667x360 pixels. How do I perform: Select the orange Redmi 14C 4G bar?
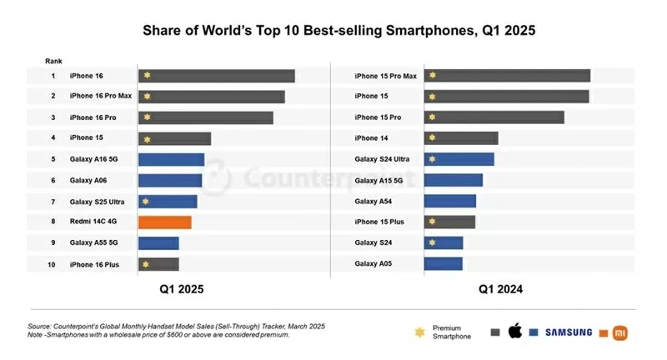pyautogui.click(x=164, y=222)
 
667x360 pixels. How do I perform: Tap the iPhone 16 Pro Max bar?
pyautogui.click(x=211, y=97)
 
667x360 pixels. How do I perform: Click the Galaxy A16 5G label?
pyautogui.click(x=93, y=159)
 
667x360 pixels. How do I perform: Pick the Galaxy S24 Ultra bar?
pyautogui.click(x=459, y=159)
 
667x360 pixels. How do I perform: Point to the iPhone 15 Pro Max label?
pyautogui.click(x=385, y=76)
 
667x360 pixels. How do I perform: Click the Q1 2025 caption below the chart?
pyautogui.click(x=182, y=289)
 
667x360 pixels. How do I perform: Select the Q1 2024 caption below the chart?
pyautogui.click(x=500, y=289)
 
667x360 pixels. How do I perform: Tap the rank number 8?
pyautogui.click(x=53, y=222)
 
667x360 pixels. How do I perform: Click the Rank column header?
pyautogui.click(x=53, y=61)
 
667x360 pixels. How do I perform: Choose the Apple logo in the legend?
pyautogui.click(x=514, y=332)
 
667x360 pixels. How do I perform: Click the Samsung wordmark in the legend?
pyautogui.click(x=569, y=332)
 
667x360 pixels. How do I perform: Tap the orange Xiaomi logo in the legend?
pyautogui.click(x=619, y=332)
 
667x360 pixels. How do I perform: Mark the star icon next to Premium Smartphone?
pyautogui.click(x=419, y=332)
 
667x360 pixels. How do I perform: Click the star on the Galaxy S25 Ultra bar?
pyautogui.click(x=146, y=202)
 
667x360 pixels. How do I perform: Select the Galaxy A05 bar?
pyautogui.click(x=443, y=264)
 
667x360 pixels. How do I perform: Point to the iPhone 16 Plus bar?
pyautogui.click(x=158, y=264)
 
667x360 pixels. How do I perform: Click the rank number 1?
pyautogui.click(x=53, y=76)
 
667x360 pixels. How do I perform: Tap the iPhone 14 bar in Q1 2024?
pyautogui.click(x=461, y=138)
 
